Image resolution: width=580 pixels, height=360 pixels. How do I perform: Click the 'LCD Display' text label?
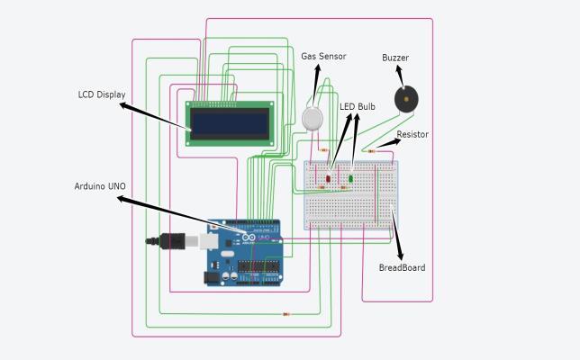coord(102,94)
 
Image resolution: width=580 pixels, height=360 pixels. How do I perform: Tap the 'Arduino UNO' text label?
coord(100,186)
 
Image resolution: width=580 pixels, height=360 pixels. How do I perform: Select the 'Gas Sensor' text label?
coord(323,57)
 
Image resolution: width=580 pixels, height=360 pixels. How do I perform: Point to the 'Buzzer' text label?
coord(395,58)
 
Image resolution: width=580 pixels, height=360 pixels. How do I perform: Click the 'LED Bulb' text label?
coord(358,106)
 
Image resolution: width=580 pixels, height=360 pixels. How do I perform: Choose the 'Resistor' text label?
coord(412,135)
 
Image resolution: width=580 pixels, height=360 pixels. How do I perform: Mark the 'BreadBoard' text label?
coord(402,267)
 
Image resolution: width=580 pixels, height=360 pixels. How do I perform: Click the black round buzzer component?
coord(406,99)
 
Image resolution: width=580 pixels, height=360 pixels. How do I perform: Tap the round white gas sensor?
coord(313,118)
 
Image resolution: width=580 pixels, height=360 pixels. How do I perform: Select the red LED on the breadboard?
coord(328,178)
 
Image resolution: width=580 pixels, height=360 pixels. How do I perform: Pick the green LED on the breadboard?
coord(350,178)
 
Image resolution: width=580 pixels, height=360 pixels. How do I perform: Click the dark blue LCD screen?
coord(230,121)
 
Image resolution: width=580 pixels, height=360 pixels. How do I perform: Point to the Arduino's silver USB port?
coord(209,241)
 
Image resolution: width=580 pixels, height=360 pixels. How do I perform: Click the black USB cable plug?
coord(172,240)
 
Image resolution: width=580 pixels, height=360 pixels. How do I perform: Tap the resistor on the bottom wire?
coord(286,314)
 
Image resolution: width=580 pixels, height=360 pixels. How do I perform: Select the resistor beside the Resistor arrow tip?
coord(371,151)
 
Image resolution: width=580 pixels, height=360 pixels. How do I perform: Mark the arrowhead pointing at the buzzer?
coord(398,70)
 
